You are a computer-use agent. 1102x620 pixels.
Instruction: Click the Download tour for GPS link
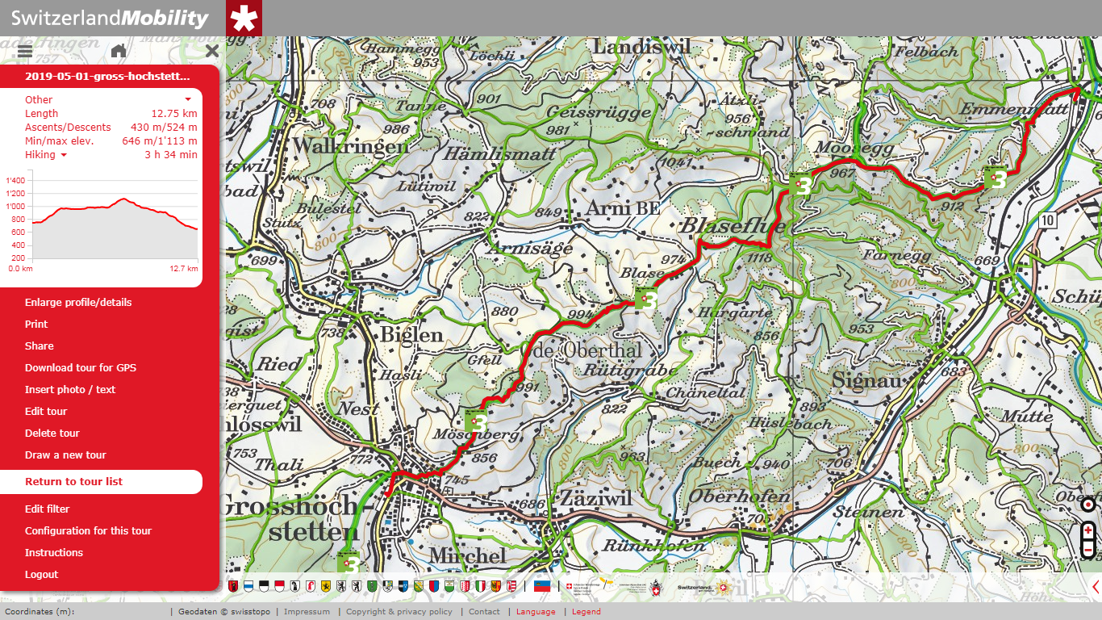click(81, 367)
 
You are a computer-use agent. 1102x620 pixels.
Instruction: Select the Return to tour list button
click(74, 481)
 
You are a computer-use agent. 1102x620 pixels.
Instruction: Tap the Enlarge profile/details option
click(78, 302)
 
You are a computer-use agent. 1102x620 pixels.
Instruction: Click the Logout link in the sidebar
click(41, 574)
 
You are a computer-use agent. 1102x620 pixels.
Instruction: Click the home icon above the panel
click(119, 51)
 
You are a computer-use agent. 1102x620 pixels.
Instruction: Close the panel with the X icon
click(212, 51)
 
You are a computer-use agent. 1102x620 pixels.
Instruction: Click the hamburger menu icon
click(24, 51)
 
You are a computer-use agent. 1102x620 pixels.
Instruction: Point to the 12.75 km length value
click(174, 113)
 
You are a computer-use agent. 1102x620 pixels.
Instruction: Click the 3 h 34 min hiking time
click(171, 154)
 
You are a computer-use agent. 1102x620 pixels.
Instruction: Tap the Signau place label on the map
click(866, 379)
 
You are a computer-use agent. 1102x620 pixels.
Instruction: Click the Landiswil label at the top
click(641, 48)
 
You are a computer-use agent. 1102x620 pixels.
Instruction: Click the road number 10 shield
click(1047, 220)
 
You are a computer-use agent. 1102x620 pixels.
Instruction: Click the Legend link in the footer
click(586, 612)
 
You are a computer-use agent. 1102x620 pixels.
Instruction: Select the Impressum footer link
click(307, 612)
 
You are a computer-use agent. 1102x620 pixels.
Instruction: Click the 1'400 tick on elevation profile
click(15, 181)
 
